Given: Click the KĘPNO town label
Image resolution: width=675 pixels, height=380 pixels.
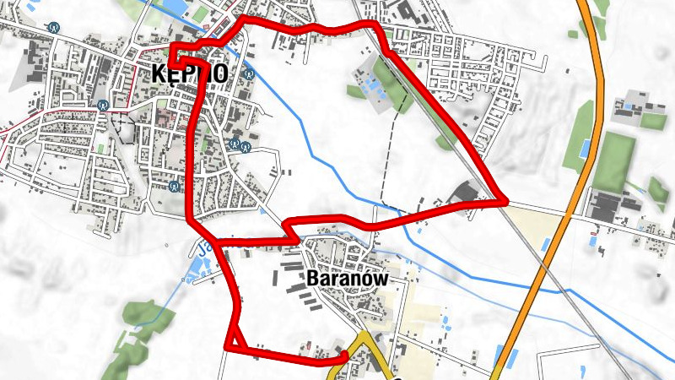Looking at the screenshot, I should click(191, 74).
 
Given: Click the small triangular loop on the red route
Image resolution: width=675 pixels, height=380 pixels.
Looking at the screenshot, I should click(234, 340).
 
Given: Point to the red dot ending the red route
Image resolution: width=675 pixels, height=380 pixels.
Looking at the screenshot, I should click(346, 354).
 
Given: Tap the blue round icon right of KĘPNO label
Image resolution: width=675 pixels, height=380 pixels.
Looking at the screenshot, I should click(248, 73).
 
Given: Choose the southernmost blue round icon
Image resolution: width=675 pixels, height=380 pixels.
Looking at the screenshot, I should click(175, 186).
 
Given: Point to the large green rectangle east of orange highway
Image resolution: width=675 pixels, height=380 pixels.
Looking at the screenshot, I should click(614, 160).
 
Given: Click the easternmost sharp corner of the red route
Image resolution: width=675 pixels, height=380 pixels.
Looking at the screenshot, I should click(505, 202).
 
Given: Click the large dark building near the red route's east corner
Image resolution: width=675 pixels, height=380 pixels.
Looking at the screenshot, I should click(467, 193).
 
